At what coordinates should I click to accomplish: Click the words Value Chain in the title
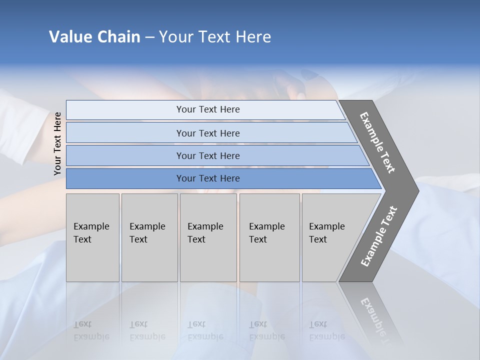pyautogui.click(x=94, y=37)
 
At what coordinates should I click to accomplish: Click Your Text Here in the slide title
pyautogui.click(x=215, y=37)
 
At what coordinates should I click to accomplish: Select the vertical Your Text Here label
pyautogui.click(x=57, y=143)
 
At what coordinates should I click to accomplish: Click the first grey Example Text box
pyautogui.click(x=92, y=237)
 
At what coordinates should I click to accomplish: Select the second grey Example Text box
pyautogui.click(x=149, y=237)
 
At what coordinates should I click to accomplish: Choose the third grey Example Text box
pyautogui.click(x=208, y=237)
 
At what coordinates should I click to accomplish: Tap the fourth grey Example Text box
pyautogui.click(x=269, y=237)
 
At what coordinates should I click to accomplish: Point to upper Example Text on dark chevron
pyautogui.click(x=377, y=142)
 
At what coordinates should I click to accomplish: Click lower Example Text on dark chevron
pyautogui.click(x=379, y=236)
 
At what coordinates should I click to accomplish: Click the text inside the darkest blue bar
pyautogui.click(x=208, y=178)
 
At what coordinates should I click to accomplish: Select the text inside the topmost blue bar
pyautogui.click(x=208, y=109)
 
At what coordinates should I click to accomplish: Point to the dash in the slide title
pyautogui.click(x=149, y=37)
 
